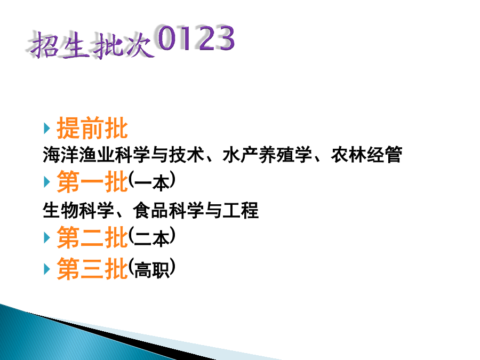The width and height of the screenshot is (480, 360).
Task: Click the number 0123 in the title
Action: coord(196,38)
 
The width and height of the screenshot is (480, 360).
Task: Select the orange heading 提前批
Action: coord(92,128)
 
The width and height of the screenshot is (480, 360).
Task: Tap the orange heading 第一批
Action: coord(92,181)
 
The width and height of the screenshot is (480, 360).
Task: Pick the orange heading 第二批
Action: coord(92,237)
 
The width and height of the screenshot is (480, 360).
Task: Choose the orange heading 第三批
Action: coord(92,268)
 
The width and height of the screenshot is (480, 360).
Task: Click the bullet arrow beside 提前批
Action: coord(47,128)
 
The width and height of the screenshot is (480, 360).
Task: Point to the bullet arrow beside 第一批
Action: coord(47,182)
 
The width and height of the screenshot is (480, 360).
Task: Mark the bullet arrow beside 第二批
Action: coord(47,237)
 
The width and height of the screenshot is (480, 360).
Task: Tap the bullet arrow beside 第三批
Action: coord(47,269)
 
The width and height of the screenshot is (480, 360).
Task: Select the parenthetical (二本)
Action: coord(152,237)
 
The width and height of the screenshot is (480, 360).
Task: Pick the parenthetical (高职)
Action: coord(152,268)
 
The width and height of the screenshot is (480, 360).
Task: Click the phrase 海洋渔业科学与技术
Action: coord(124,154)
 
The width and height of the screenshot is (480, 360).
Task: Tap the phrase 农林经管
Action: coord(366,154)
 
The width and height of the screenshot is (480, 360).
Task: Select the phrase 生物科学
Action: coord(79,210)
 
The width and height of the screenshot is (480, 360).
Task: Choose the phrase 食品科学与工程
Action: coord(196,210)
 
